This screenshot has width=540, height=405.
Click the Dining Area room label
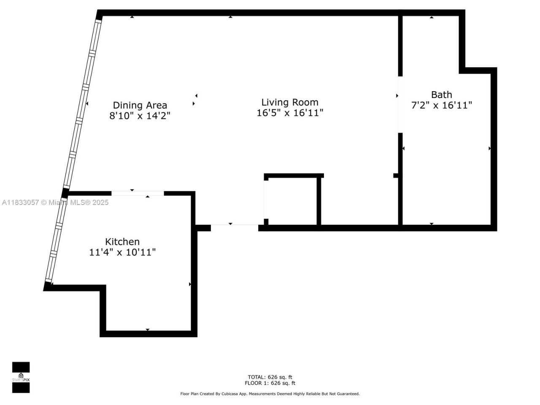click(x=140, y=105)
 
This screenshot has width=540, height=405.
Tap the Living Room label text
click(x=290, y=102)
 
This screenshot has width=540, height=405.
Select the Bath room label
click(x=441, y=95)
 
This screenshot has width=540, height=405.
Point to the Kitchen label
click(x=122, y=242)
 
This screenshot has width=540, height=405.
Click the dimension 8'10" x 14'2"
click(x=140, y=116)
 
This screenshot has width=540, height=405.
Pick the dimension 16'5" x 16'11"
click(x=290, y=113)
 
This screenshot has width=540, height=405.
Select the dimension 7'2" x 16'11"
click(x=441, y=105)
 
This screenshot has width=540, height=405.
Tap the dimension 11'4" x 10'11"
click(x=122, y=252)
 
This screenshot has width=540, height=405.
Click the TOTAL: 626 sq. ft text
click(x=270, y=377)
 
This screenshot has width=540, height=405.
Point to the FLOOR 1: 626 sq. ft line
click(x=270, y=383)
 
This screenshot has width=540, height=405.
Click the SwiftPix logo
click(x=21, y=377)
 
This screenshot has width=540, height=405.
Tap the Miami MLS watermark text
click(x=55, y=202)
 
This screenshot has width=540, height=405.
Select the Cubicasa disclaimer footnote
click(x=270, y=394)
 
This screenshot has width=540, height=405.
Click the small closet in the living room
click(x=292, y=202)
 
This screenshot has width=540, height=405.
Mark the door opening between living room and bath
click(x=400, y=105)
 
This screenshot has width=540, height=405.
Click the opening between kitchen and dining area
click(x=138, y=193)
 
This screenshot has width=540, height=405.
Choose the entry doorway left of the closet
click(x=234, y=227)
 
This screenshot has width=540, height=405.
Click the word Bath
click(x=441, y=95)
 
